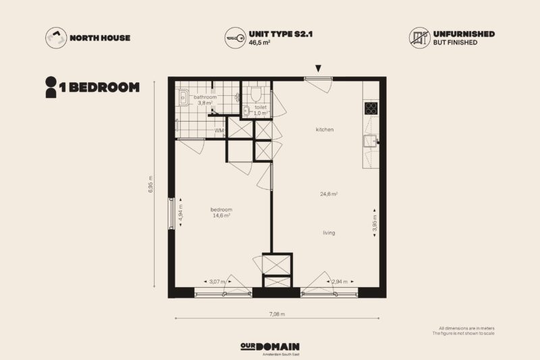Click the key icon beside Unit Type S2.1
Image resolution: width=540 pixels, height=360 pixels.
click(x=235, y=38)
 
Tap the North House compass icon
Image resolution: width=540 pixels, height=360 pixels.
click(x=56, y=38)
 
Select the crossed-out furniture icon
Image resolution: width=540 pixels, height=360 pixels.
click(x=419, y=38)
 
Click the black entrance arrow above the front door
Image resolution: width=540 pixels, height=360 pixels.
click(x=318, y=68)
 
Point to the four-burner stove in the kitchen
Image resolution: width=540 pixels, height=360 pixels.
click(x=371, y=108)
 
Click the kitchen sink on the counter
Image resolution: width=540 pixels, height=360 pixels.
click(x=371, y=141)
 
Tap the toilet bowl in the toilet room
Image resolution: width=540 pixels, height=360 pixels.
click(x=256, y=93)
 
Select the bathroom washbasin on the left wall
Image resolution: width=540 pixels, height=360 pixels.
click(x=182, y=97)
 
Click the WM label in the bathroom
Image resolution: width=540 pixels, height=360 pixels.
click(x=219, y=130)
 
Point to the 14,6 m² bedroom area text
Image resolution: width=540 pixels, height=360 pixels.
click(x=221, y=215)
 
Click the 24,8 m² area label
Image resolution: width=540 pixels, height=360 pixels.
click(x=329, y=194)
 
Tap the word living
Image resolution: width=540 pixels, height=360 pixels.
click(x=329, y=233)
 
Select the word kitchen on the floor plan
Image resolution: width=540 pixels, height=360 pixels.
click(x=325, y=130)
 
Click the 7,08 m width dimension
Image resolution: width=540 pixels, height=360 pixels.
click(x=277, y=314)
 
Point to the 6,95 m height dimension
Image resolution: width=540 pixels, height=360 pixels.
click(x=151, y=184)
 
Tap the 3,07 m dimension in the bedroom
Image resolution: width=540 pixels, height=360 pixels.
click(x=217, y=282)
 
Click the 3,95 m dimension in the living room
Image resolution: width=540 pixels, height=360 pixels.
click(x=375, y=223)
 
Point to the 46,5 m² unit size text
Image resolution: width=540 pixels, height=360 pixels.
click(x=259, y=43)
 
